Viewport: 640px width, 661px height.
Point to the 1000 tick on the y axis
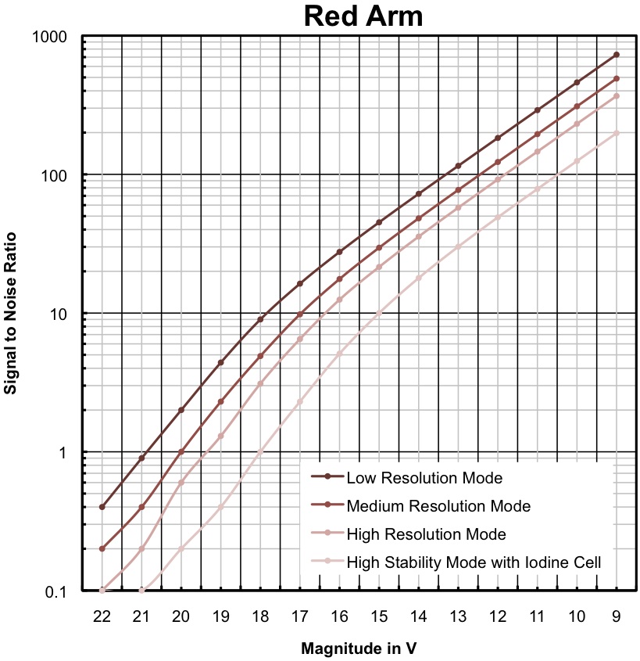coord(50,37)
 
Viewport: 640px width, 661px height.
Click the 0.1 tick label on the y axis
coord(55,591)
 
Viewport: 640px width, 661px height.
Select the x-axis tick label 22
coord(102,616)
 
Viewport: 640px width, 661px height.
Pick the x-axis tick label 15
coord(379,616)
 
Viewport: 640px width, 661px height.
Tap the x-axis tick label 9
coord(617,616)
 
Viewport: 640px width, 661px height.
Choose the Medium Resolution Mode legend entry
coord(438,506)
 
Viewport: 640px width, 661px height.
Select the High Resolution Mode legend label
coord(426,534)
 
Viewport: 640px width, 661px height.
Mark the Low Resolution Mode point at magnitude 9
coord(617,55)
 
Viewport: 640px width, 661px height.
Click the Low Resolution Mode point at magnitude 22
coord(102,507)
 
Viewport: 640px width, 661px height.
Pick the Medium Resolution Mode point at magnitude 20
coord(181,451)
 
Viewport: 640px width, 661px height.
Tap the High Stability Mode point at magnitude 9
coord(617,133)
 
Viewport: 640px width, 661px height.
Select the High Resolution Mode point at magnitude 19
coord(220,436)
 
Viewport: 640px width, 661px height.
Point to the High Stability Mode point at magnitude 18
coord(260,451)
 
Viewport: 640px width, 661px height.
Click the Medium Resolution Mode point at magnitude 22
coord(102,548)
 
